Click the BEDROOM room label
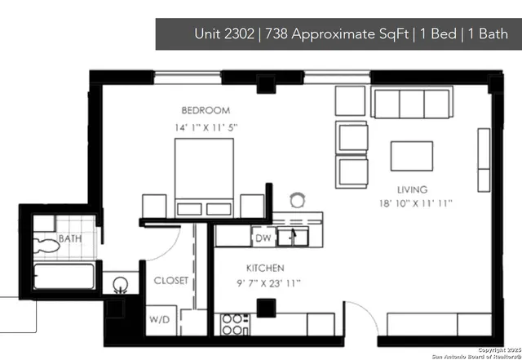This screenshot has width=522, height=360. click(x=206, y=110)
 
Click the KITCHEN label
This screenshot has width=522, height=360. click(x=265, y=268)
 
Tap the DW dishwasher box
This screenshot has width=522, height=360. click(x=263, y=238)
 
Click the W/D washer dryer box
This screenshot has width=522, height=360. click(x=159, y=319)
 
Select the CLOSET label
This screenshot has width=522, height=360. click(x=171, y=280)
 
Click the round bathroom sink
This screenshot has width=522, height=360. click(x=121, y=286)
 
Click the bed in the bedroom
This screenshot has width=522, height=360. click(x=204, y=176)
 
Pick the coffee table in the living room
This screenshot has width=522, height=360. click(x=412, y=155)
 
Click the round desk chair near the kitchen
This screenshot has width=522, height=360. click(x=298, y=199)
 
